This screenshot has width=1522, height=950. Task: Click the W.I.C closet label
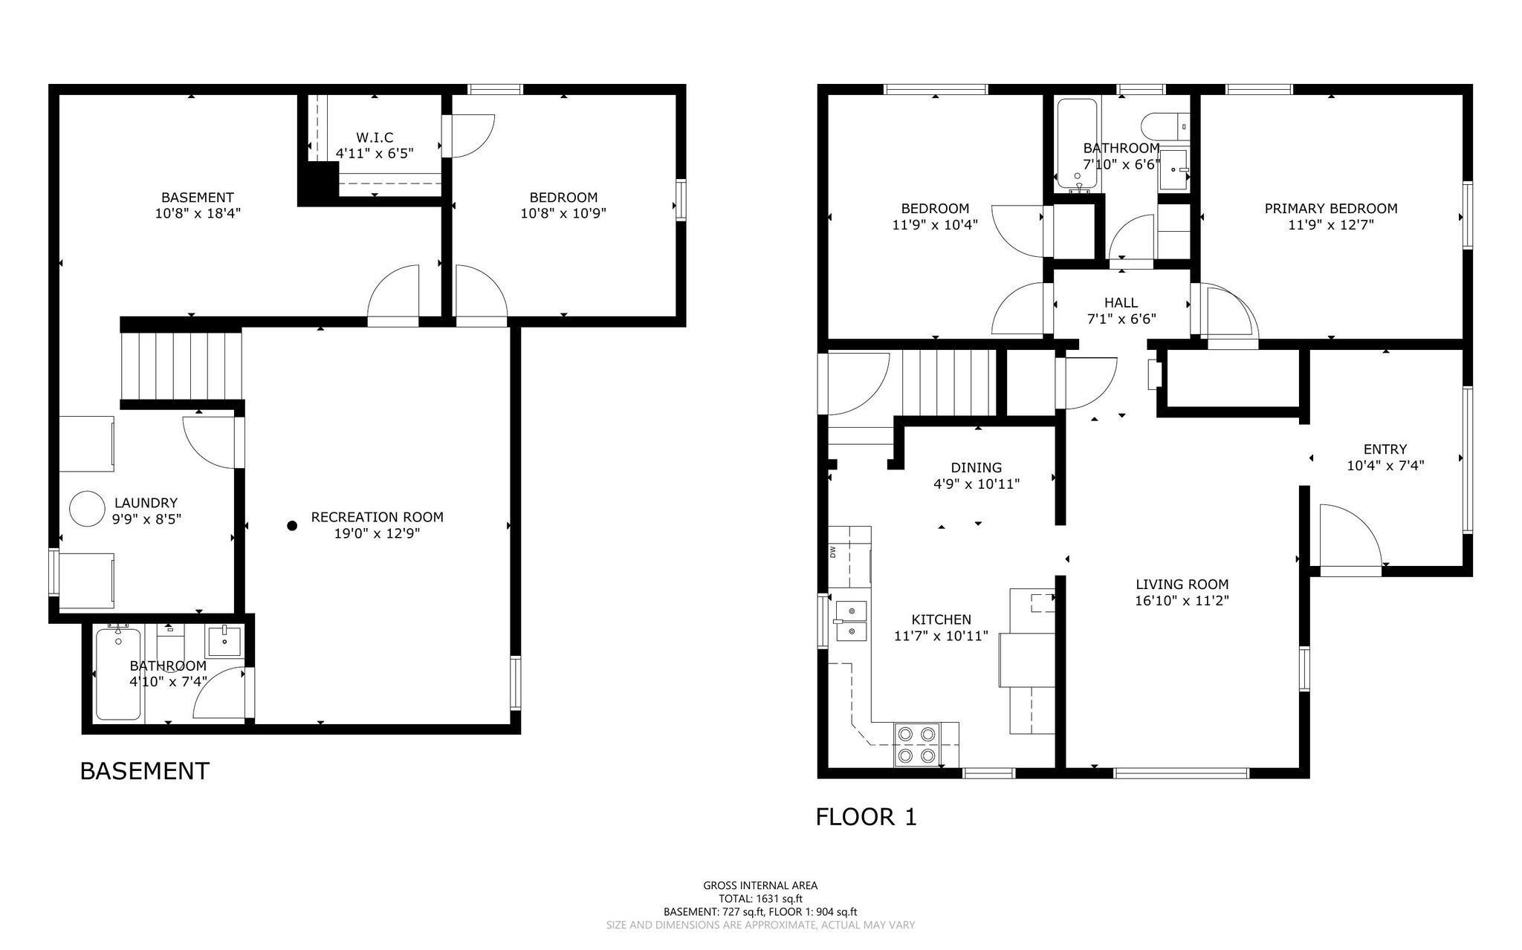point(375,137)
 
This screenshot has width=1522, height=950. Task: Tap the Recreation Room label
point(377,517)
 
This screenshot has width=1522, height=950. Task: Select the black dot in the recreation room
point(292,526)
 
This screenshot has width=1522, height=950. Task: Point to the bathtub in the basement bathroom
point(118,673)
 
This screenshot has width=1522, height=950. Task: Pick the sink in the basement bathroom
point(224,641)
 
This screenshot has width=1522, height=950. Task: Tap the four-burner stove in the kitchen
point(916,744)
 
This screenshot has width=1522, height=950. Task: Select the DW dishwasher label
point(832,552)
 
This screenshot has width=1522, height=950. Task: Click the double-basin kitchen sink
point(849,621)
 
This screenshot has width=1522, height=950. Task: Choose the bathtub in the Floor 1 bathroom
point(1076,144)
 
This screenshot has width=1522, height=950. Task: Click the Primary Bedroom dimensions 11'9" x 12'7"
point(1330,225)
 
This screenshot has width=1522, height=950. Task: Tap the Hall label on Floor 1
point(1121,302)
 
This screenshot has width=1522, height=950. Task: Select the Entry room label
point(1385,449)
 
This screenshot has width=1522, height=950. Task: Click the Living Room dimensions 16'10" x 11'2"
point(1182,601)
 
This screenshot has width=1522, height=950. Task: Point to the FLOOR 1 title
point(866,817)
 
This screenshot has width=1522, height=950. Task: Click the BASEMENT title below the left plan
point(144,771)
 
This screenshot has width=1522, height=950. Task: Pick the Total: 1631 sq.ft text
point(760,898)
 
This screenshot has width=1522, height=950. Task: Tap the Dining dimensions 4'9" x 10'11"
point(976,484)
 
